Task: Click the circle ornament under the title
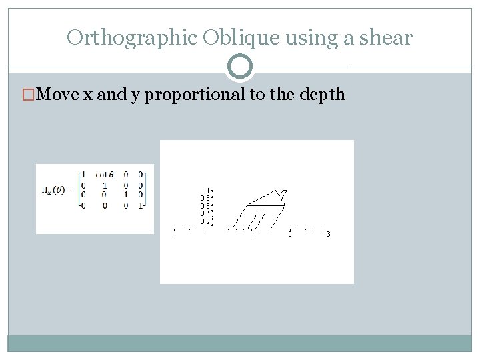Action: point(240,67)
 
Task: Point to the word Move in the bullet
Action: point(59,94)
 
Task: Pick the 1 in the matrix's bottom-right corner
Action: point(141,205)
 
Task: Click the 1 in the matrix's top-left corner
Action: point(83,175)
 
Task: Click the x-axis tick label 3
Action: point(328,234)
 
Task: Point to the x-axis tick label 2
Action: point(289,234)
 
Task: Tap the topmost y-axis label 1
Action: point(209,189)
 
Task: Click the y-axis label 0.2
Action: point(205,221)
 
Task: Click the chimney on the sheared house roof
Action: point(283,195)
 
